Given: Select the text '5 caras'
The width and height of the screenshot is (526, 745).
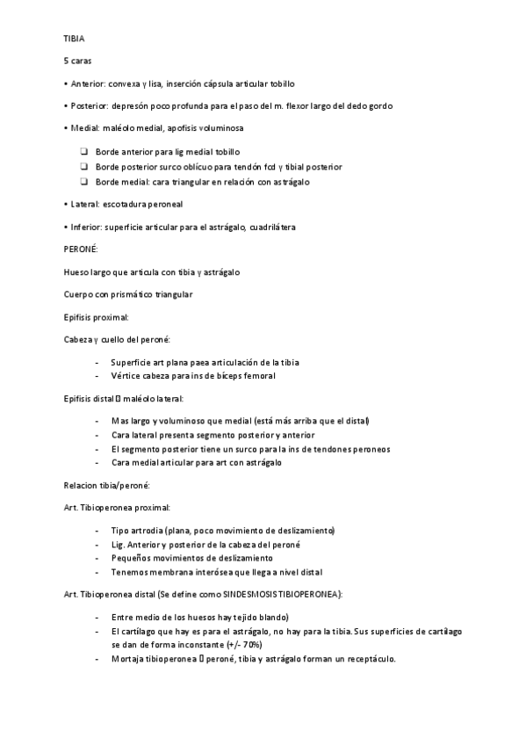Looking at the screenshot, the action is pyautogui.click(x=78, y=61).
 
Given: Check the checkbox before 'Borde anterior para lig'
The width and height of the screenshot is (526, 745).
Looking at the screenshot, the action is pyautogui.click(x=83, y=152).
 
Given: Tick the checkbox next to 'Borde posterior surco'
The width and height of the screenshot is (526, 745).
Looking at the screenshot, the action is pyautogui.click(x=83, y=167).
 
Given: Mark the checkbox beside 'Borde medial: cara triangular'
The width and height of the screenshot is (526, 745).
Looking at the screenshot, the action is pyautogui.click(x=83, y=182).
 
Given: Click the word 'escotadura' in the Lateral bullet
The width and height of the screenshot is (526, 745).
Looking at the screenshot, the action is pyautogui.click(x=125, y=204).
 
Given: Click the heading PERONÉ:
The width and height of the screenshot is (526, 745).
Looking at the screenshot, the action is pyautogui.click(x=81, y=250).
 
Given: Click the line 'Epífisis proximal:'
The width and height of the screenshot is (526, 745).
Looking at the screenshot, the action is pyautogui.click(x=97, y=316).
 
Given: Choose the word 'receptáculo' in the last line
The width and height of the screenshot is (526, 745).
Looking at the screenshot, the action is pyautogui.click(x=370, y=659).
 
